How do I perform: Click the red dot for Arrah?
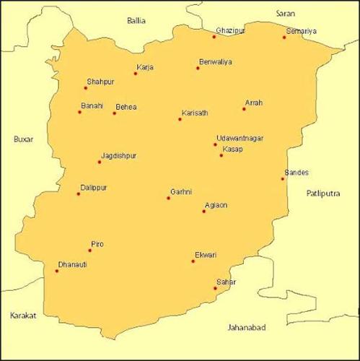pos(245,109)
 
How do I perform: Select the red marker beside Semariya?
pos(284,37)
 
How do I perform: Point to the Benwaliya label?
pos(216,62)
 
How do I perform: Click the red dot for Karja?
pos(135,73)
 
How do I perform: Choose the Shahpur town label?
pos(100,82)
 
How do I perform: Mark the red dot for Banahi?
pos(79,112)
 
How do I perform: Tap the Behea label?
pos(126,108)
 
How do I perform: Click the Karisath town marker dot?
pos(180,119)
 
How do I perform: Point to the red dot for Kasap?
pos(221,155)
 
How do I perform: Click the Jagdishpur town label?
pos(120,155)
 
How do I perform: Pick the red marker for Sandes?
pos(283,178)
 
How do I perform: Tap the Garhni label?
pos(180,191)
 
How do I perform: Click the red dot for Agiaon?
pos(204,212)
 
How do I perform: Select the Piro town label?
pos(97,244)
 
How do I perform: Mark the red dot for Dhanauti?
pos(56,271)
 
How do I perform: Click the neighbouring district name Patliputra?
pos(327,193)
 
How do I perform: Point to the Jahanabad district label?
pos(246,328)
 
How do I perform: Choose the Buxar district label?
pos(24,139)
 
